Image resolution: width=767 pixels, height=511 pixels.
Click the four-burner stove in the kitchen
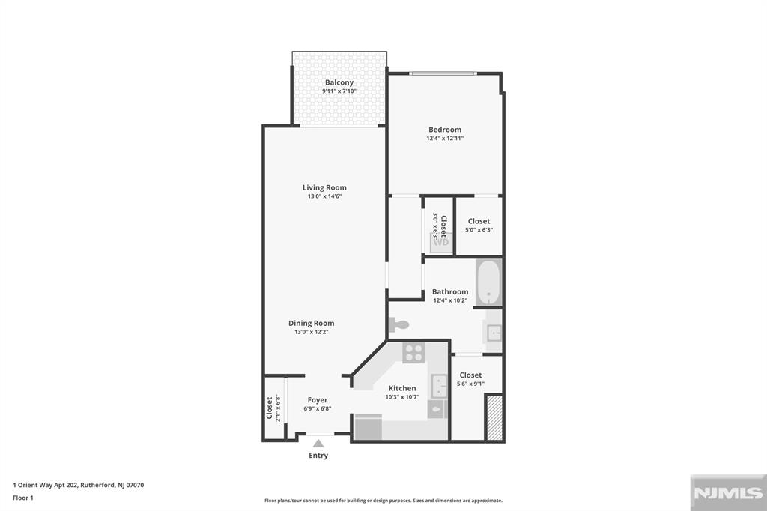click(413, 352)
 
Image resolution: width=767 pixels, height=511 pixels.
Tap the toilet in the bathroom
click(399, 325)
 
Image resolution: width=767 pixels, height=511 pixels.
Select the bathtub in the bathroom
click(488, 282)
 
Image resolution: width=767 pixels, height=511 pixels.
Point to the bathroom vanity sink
click(494, 333)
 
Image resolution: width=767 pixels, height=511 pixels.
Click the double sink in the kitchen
click(437, 386)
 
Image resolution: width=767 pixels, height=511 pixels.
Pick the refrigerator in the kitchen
click(367, 428)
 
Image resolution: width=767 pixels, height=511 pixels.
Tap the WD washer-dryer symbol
click(441, 242)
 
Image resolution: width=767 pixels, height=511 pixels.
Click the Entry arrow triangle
click(318, 444)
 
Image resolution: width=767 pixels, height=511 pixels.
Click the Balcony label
click(339, 82)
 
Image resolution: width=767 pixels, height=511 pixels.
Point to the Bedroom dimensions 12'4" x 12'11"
click(445, 138)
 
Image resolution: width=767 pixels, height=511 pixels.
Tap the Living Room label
click(324, 187)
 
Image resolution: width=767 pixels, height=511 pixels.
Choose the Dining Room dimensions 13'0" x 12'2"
click(311, 332)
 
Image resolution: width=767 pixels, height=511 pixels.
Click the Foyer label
click(318, 400)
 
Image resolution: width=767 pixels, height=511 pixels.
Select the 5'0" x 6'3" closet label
click(479, 221)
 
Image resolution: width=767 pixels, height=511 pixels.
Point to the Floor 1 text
click(23, 498)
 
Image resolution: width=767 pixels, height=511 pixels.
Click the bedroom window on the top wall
click(443, 73)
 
